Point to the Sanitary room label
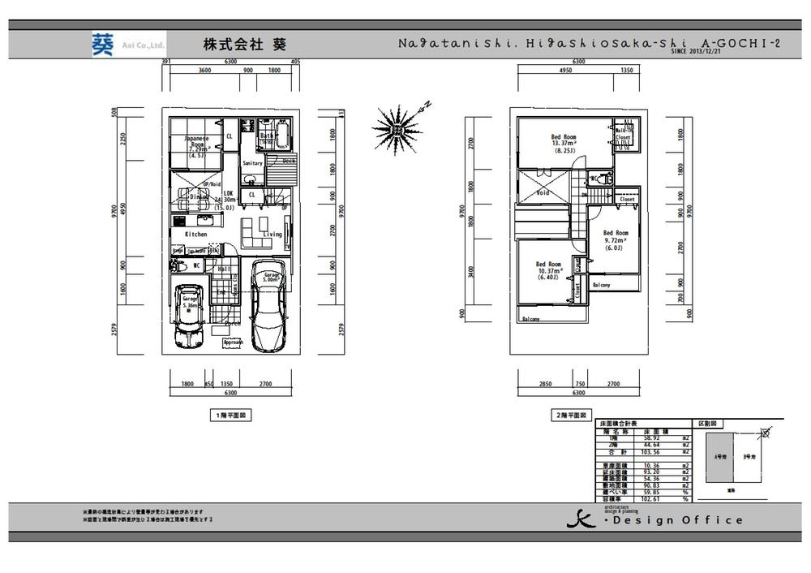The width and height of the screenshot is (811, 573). coord(252,163)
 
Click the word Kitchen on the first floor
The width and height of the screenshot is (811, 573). coord(195,235)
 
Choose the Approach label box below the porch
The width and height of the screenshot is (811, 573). coord(233,343)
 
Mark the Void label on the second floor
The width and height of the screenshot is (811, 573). coord(543,193)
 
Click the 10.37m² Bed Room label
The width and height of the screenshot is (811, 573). coord(548,269)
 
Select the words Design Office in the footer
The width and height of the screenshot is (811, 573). coord(677,520)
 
